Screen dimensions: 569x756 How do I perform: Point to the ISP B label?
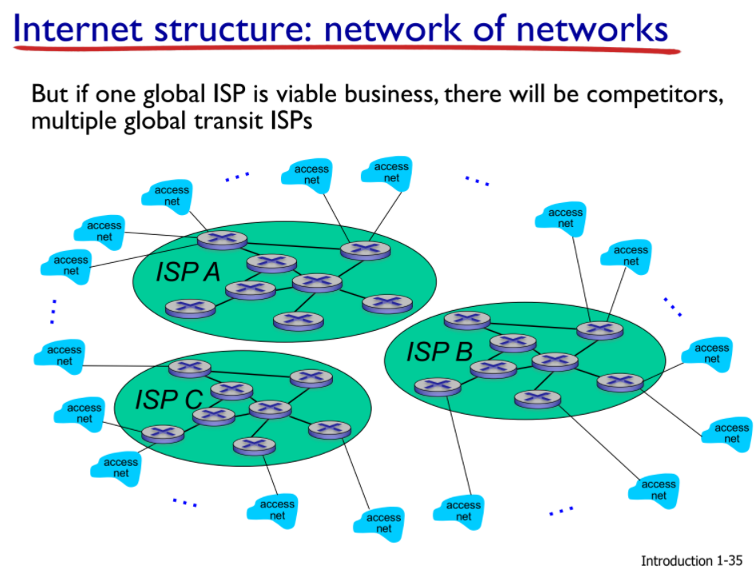coord(439,351)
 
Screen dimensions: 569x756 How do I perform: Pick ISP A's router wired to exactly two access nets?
coord(365,250)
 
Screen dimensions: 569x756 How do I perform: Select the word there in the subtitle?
coord(474,94)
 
